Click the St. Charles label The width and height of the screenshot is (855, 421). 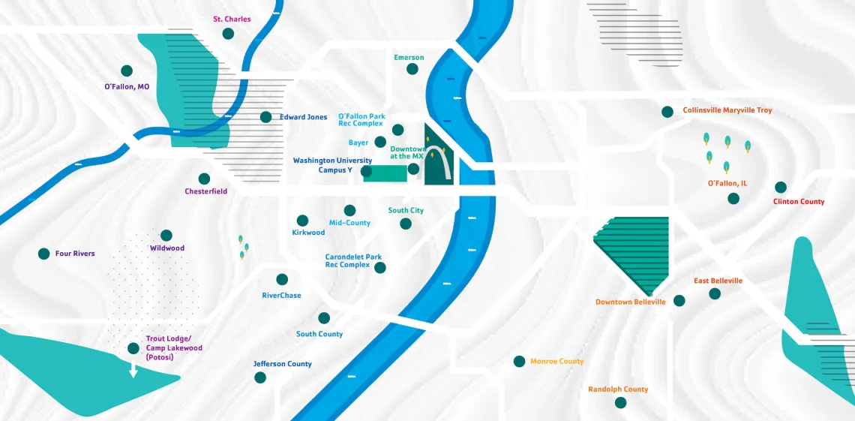[x=232, y=19]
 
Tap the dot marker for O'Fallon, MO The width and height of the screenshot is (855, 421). [x=127, y=71]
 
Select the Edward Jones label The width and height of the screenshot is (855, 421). [x=303, y=117]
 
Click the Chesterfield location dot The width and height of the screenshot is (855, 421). [x=204, y=179]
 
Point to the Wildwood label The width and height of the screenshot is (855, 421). [x=166, y=248]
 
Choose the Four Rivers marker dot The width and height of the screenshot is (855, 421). [x=43, y=254]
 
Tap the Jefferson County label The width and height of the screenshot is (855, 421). [x=282, y=364]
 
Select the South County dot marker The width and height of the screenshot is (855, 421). [x=324, y=318]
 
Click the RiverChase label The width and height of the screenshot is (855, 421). [x=281, y=296]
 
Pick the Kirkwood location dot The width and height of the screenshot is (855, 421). [x=302, y=221]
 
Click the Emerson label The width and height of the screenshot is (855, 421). [x=409, y=57]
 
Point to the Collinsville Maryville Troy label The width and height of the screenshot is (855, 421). [x=727, y=110]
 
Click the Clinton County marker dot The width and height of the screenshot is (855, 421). [x=781, y=187]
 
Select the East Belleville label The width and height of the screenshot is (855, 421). [x=718, y=281]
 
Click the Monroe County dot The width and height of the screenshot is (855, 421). [x=519, y=362]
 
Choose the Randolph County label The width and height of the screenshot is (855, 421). [x=618, y=389]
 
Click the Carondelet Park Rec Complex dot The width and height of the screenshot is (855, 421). [x=380, y=268]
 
